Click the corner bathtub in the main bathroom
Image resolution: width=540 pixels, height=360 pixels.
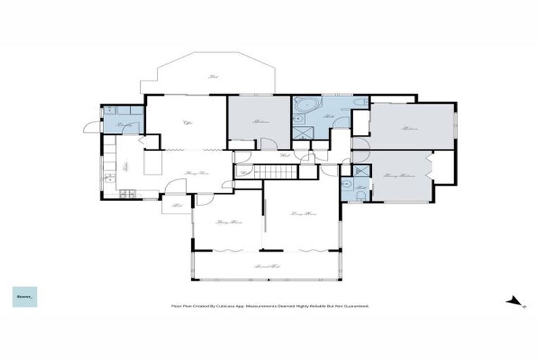click(x=304, y=108)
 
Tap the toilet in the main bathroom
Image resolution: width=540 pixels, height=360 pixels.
click(x=360, y=105)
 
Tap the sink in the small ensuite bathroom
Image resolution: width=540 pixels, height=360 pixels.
click(x=346, y=186)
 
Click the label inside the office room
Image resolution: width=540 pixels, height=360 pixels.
click(x=188, y=124)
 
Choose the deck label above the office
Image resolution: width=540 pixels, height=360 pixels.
click(x=212, y=77)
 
